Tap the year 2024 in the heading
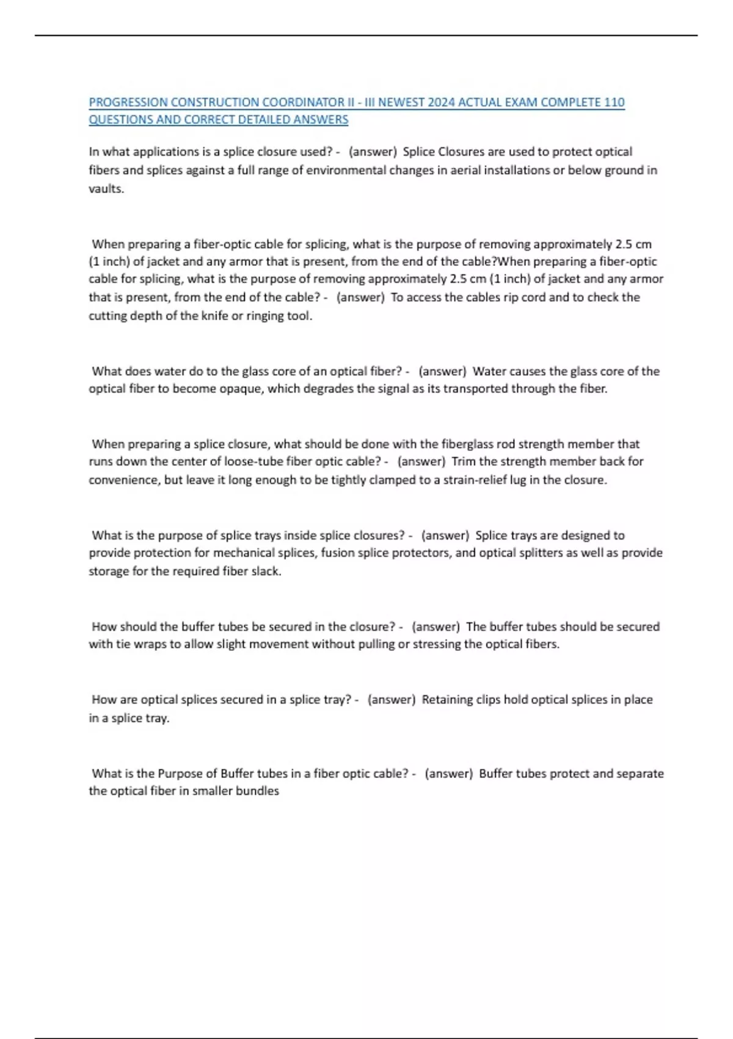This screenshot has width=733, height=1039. click(x=442, y=103)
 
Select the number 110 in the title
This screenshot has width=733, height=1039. click(x=614, y=103)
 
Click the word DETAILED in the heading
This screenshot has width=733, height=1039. click(x=264, y=120)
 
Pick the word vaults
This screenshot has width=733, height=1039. click(x=106, y=189)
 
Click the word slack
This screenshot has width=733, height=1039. click(x=266, y=571)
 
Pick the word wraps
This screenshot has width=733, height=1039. click(x=150, y=644)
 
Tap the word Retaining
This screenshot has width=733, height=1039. click(x=447, y=700)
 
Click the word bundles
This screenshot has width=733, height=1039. click(x=258, y=791)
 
